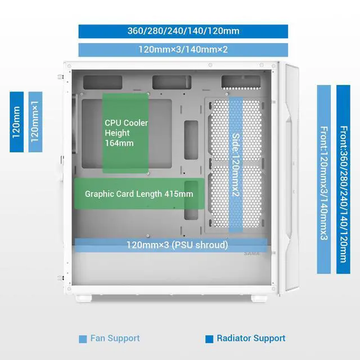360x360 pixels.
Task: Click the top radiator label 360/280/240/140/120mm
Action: point(183,31)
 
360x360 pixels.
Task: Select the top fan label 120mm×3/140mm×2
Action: point(183,49)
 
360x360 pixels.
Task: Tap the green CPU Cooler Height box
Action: point(125,133)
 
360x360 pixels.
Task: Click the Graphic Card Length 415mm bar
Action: point(139,194)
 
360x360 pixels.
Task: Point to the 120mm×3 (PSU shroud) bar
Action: point(177,245)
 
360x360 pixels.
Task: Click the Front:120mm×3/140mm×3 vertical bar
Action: point(324,179)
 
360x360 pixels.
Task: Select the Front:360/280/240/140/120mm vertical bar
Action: point(343,179)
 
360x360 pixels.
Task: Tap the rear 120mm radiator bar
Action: point(16,122)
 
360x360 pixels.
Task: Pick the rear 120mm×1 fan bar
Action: point(35,122)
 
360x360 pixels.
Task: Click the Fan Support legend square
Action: point(83,339)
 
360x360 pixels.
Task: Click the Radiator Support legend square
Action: point(209,339)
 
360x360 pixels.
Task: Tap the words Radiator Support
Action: point(251,338)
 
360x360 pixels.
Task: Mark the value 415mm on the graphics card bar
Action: point(179,194)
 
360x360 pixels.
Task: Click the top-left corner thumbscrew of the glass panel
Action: point(69,66)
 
